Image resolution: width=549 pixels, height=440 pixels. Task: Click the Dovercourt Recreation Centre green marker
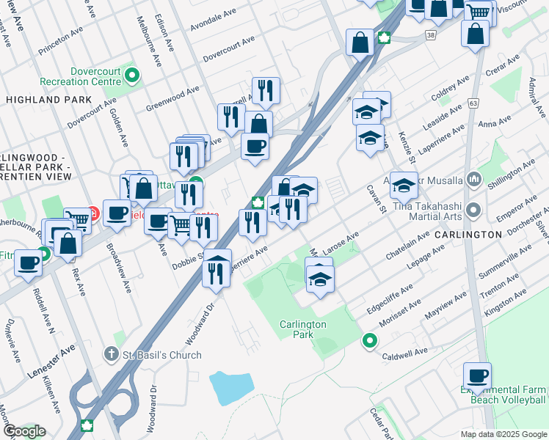pos(132,74)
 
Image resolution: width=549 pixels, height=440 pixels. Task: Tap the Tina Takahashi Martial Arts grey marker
pos(473,211)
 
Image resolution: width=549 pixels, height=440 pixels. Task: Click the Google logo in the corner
pos(24,431)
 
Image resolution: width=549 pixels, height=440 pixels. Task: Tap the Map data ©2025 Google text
pos(503,434)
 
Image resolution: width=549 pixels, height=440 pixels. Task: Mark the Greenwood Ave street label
pos(173,98)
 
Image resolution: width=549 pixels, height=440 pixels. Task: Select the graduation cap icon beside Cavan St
pos(404,186)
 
